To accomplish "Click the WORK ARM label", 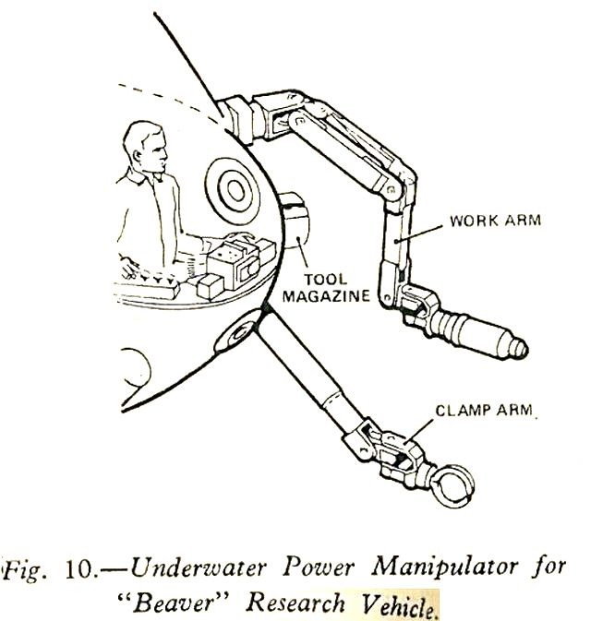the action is point(496,221).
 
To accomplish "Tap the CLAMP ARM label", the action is point(484,410).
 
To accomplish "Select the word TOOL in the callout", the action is point(325,280).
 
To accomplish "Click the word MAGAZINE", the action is point(326,296).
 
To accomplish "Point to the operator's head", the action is point(146,147).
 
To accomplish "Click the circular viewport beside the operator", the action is point(233,191).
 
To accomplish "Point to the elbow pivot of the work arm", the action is point(392,189).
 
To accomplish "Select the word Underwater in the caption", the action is point(198,567).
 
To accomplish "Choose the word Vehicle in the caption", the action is point(398,604).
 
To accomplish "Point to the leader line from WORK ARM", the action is point(419,233).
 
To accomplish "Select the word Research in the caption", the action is point(295,603).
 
